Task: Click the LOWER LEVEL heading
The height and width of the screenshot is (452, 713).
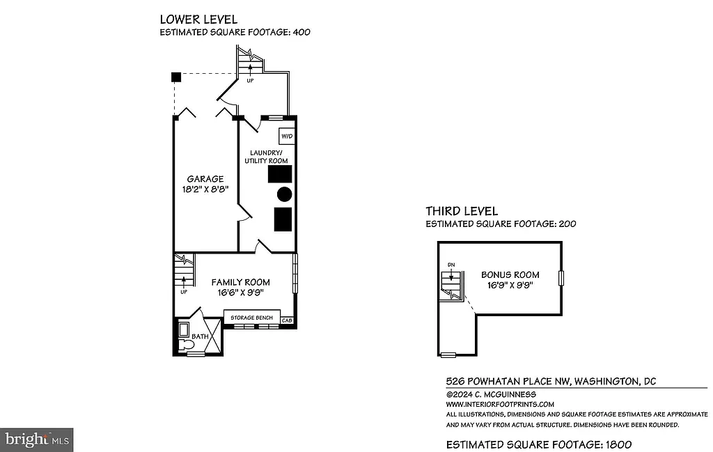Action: coord(198,20)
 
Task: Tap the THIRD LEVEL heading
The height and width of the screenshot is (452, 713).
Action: coord(462,211)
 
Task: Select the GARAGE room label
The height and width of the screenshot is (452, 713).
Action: coord(205,179)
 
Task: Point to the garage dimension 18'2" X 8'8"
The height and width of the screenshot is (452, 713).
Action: coord(205,189)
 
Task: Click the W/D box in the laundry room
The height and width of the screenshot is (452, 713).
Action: coord(286,136)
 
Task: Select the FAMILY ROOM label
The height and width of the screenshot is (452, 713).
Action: coord(241,282)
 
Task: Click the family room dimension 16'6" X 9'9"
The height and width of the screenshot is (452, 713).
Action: coord(241,293)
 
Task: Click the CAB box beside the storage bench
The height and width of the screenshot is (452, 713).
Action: coord(287,321)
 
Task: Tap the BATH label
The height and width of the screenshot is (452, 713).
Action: coord(201,337)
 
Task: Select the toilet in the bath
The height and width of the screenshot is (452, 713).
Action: coord(187,344)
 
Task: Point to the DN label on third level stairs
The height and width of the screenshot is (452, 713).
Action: coord(451,265)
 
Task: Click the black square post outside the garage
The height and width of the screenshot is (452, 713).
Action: coord(177,76)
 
